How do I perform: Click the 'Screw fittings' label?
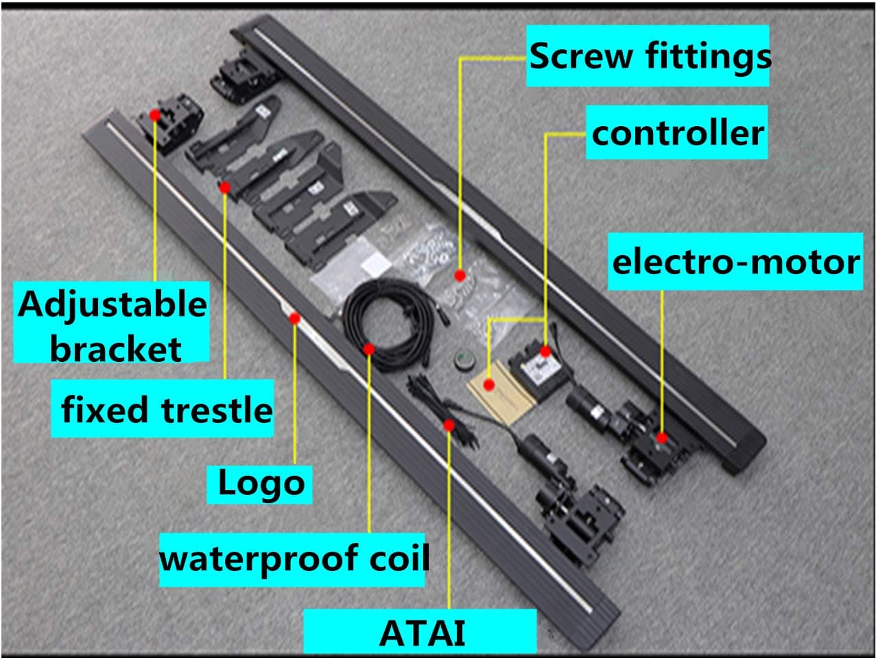point(648,56)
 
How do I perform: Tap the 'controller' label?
point(676,132)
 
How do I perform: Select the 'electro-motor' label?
point(735,262)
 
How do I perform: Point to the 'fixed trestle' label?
point(165,409)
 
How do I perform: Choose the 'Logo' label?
point(260,483)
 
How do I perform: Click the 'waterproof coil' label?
point(294,559)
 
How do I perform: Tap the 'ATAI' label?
point(421,632)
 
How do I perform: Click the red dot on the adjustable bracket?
point(156,115)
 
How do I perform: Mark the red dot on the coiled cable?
point(369,349)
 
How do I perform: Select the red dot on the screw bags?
point(460,275)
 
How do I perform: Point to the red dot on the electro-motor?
point(662,437)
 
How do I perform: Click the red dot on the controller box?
point(545,352)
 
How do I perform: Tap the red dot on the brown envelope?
point(488,385)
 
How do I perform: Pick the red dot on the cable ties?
point(449,425)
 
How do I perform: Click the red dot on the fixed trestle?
point(225,186)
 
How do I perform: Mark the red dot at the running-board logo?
point(295,318)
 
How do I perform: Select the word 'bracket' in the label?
point(115,348)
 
